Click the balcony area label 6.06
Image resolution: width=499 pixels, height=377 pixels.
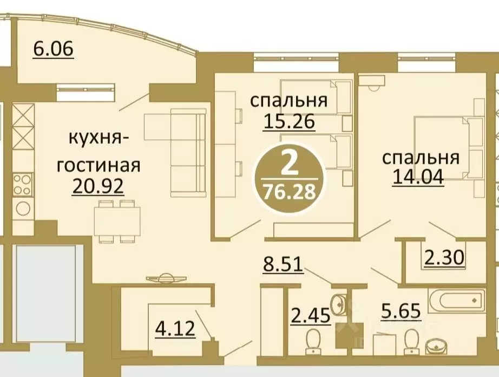tap(53, 49)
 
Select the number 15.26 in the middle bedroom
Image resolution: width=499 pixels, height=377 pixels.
tap(288, 122)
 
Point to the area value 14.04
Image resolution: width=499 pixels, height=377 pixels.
tap(417, 177)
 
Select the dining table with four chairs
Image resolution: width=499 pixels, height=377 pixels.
tap(116, 222)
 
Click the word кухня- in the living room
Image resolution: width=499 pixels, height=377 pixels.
tap(98, 139)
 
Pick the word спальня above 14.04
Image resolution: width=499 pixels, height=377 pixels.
tap(421, 158)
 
